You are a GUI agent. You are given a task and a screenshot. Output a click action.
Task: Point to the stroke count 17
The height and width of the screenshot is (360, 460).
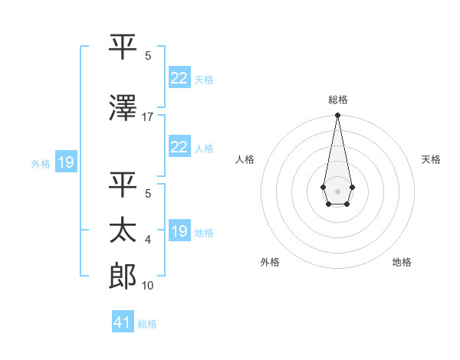(x=148, y=117)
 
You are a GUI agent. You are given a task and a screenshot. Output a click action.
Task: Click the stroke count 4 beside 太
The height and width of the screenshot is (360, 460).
(x=148, y=240)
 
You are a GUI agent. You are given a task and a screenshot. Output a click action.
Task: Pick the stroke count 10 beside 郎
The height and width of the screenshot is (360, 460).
(x=148, y=286)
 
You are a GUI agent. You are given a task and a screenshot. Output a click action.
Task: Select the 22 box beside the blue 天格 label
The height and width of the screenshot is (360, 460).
(x=179, y=78)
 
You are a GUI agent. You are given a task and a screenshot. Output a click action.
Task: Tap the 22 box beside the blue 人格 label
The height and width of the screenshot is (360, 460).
(x=179, y=147)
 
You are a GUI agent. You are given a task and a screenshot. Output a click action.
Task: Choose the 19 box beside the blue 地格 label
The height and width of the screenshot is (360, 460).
(x=179, y=231)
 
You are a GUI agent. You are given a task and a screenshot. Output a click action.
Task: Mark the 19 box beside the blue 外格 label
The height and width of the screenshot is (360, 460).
(x=65, y=162)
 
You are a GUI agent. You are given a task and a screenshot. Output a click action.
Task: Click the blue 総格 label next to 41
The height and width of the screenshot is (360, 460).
(x=147, y=323)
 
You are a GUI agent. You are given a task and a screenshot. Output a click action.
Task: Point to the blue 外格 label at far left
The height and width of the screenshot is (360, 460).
(x=40, y=163)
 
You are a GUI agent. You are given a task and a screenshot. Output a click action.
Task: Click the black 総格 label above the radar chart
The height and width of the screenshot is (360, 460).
(x=337, y=100)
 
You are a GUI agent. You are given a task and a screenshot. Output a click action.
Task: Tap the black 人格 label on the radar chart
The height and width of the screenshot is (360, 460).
(x=245, y=159)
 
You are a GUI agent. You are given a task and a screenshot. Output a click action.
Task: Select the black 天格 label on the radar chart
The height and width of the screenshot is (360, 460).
(x=431, y=159)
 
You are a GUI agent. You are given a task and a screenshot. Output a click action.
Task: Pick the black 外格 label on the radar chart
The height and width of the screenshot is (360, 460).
(x=270, y=262)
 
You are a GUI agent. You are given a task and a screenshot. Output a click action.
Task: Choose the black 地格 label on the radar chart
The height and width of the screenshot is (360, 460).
(x=402, y=262)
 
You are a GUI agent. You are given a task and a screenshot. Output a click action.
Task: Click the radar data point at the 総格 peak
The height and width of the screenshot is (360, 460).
(x=337, y=116)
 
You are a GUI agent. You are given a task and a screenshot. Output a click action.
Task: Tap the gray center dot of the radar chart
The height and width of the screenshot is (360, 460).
(x=337, y=190)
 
